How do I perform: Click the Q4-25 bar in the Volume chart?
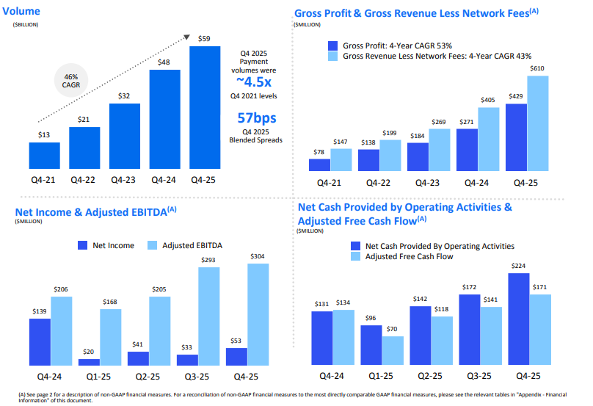[x=205, y=107]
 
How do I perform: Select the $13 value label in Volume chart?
[x=44, y=135]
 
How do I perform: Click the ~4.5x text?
[x=256, y=81]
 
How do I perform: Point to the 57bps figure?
[x=257, y=117]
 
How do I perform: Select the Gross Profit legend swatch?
[x=334, y=45]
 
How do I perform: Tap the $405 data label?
[x=488, y=100]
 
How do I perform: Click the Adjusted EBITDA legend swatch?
[x=153, y=245]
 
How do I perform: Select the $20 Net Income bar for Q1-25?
[x=89, y=362]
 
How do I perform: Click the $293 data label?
[x=208, y=259]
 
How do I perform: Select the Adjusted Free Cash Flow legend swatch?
[x=356, y=257]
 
